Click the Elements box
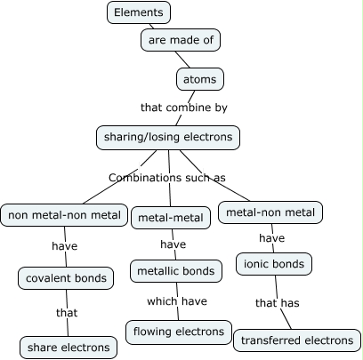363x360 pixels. click(139, 12)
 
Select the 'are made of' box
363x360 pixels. click(181, 40)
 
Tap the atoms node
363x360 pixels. click(200, 79)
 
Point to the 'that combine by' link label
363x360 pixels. click(184, 108)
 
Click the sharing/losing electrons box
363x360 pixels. click(168, 138)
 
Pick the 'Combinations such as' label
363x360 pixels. click(167, 178)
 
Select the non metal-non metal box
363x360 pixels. click(64, 215)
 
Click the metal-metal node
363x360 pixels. click(171, 218)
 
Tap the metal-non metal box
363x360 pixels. click(270, 212)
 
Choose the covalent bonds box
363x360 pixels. click(66, 278)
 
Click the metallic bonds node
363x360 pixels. click(176, 271)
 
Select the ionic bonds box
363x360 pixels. click(274, 264)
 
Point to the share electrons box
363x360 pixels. click(69, 348)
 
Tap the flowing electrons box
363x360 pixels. click(179, 332)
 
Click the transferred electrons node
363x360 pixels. click(297, 340)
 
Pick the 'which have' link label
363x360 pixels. click(177, 301)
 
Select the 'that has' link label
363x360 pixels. click(278, 303)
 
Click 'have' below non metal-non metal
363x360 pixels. click(65, 246)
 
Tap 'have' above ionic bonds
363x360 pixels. click(272, 238)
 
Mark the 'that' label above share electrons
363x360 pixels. click(67, 313)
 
